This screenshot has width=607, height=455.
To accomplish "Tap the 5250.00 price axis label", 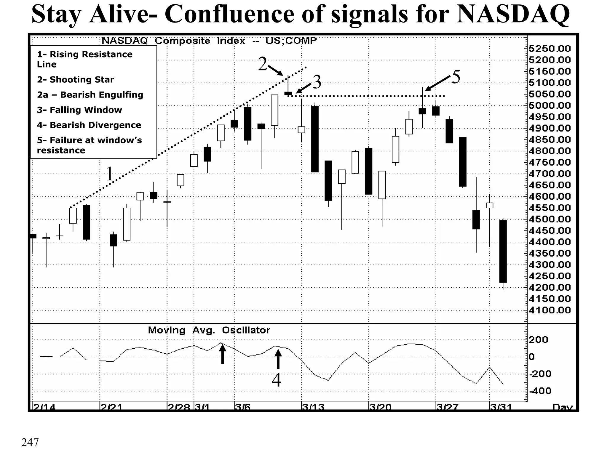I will [x=550, y=49].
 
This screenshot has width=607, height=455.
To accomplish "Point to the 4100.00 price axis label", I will [x=550, y=310].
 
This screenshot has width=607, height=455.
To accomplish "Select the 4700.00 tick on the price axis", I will [x=550, y=174].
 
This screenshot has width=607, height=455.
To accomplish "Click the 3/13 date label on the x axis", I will [x=313, y=407].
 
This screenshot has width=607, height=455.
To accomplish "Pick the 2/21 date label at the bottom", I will [x=111, y=407].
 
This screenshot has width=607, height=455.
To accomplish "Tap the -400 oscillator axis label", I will [x=540, y=391].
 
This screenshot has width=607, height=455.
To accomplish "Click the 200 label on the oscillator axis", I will [x=538, y=340].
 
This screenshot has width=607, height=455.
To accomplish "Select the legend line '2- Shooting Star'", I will [x=75, y=80].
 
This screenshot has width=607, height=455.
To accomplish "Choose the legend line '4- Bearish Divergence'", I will [x=89, y=125].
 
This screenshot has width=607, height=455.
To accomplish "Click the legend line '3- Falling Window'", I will [x=79, y=110].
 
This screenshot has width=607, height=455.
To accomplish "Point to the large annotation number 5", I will [x=456, y=77].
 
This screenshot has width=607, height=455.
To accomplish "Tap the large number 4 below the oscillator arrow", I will [x=276, y=380].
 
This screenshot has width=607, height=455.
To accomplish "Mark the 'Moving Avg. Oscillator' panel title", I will [x=209, y=330].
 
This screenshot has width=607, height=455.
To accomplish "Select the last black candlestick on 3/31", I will [x=503, y=251].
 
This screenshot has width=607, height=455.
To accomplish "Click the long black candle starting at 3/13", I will [x=315, y=139].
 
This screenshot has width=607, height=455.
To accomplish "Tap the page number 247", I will [x=30, y=442].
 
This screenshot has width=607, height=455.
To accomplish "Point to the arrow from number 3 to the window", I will [x=304, y=88].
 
